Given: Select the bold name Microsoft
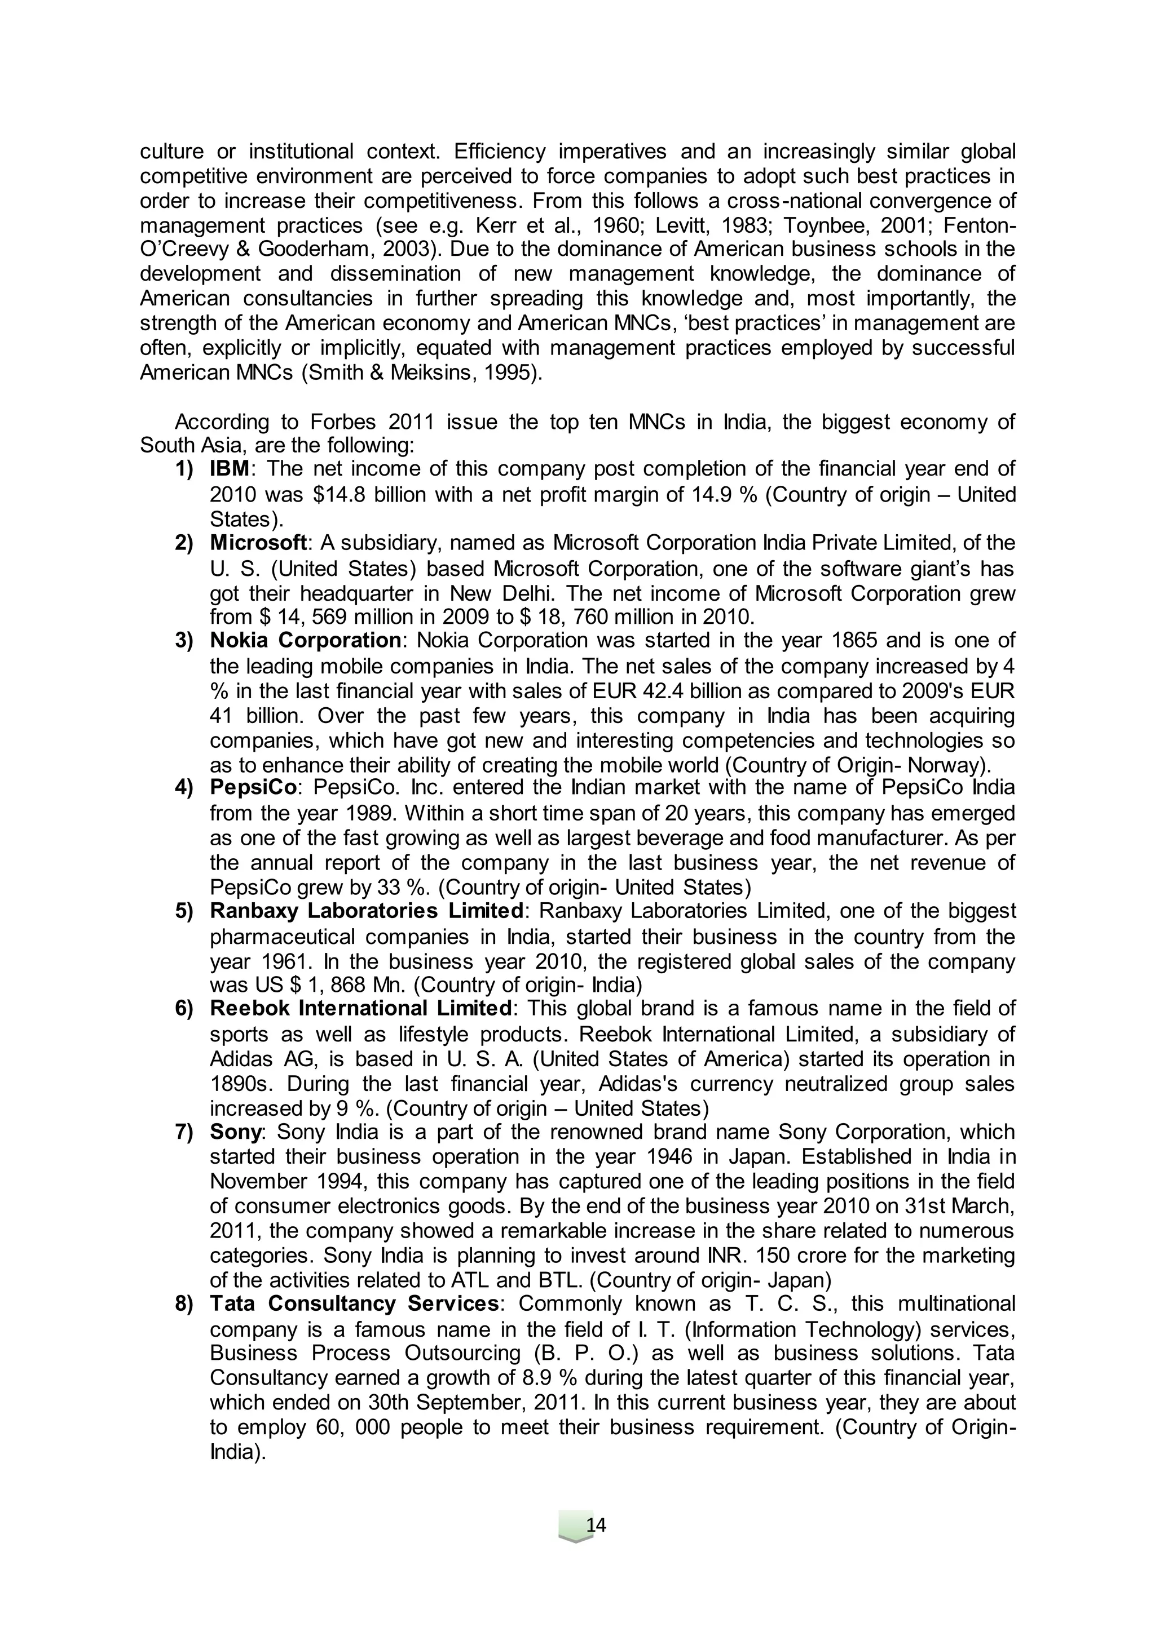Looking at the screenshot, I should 258,543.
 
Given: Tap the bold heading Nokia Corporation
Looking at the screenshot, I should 306,640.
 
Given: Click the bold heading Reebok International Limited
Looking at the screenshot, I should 360,1009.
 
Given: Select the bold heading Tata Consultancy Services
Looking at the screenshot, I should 354,1303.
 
